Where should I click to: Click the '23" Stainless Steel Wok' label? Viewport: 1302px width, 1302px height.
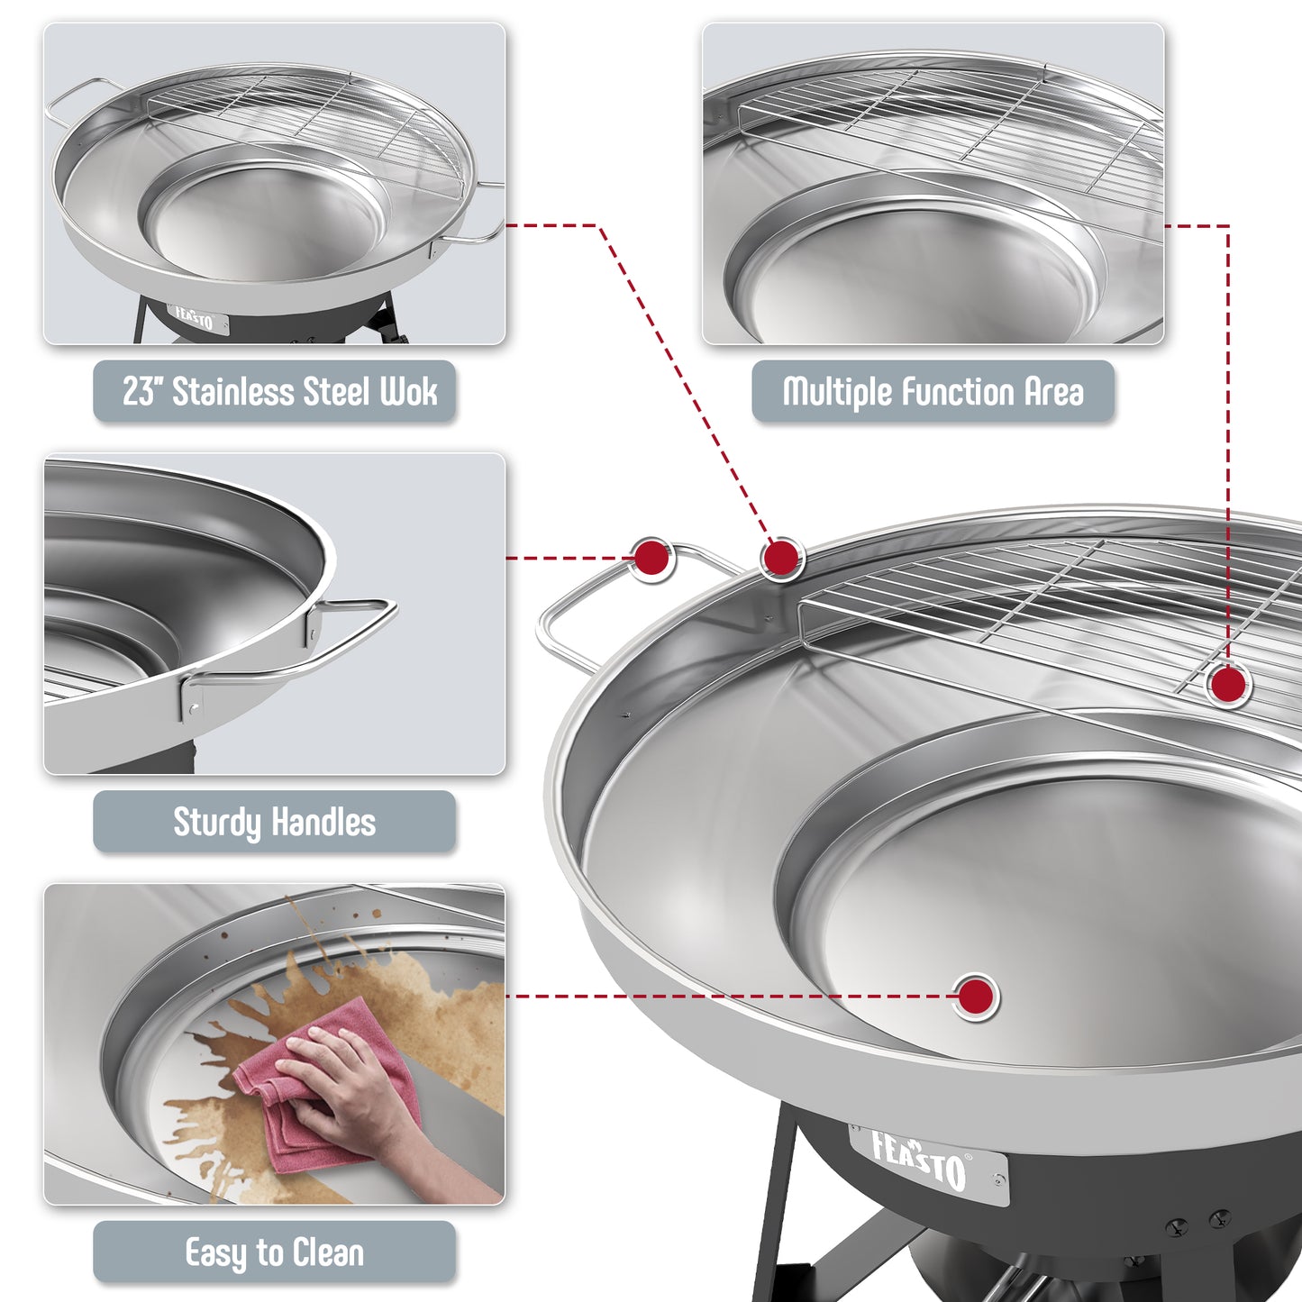275,392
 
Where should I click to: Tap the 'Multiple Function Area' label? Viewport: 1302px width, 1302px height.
933,392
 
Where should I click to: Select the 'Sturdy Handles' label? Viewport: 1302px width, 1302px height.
275,822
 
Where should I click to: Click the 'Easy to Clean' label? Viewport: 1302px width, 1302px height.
275,1252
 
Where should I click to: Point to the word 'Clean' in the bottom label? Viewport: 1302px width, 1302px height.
328,1252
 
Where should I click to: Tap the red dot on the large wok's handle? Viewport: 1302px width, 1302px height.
651,558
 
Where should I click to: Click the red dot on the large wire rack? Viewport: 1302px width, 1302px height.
1227,685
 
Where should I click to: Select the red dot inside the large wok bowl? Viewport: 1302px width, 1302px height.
976,997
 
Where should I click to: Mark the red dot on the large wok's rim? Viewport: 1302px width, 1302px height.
781,558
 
